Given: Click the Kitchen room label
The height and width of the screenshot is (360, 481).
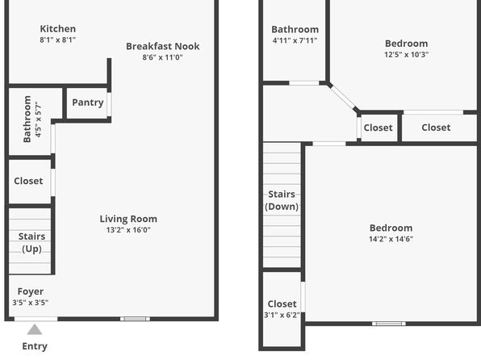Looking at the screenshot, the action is point(57,29).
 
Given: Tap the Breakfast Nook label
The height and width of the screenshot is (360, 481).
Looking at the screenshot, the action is point(163,46).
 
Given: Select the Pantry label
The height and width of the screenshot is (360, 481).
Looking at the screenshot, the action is point(88,103).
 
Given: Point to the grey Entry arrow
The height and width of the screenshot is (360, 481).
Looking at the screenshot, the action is point(35,329).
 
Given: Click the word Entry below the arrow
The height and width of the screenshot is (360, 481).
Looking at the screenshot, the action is point(35,346).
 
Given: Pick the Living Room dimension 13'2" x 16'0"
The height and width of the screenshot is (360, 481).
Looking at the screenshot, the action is point(128,230).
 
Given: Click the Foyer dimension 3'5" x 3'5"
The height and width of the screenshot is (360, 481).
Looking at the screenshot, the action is point(31,303).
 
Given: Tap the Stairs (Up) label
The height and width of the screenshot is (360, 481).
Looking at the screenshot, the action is point(31,242).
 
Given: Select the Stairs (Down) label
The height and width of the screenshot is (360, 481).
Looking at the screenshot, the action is point(282,200).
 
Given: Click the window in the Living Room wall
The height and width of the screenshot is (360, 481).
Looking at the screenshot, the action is point(135,319).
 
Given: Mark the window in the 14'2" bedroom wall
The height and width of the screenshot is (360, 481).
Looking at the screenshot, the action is point(389,324).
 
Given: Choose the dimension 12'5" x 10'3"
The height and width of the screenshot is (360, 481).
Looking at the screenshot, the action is point(407,55).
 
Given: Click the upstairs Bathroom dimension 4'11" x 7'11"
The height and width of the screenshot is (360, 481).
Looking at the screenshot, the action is point(295,40).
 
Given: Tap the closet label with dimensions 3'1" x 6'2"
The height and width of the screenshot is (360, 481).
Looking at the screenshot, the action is point(282,304).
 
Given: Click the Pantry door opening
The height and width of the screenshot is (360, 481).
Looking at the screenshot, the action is point(109,104).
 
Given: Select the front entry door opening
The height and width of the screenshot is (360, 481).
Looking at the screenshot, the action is point(36,319).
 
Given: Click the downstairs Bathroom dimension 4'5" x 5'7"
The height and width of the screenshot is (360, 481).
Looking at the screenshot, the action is point(38,119).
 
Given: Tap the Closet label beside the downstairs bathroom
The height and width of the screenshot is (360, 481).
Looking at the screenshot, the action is point(28,181).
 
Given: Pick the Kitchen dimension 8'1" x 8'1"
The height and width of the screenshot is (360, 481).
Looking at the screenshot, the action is point(57,40).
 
